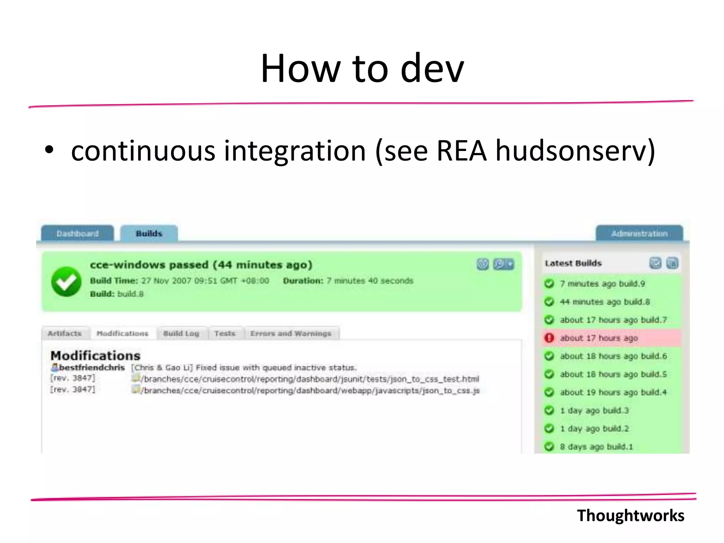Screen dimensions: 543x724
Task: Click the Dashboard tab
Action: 77,234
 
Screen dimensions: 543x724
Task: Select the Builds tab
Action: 149,234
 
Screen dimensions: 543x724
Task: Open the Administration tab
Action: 639,234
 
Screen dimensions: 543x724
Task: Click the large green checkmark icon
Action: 66,281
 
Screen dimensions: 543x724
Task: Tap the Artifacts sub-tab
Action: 65,333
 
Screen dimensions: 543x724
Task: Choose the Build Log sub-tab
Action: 181,333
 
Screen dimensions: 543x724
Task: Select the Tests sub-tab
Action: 225,333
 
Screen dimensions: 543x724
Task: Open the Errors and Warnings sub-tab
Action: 291,333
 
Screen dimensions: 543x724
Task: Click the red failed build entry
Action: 599,338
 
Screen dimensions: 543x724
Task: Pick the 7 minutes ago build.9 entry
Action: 602,284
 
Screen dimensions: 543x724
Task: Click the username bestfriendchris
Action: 92,368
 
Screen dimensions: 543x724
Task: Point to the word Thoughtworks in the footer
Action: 630,515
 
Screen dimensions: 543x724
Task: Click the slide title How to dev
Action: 362,68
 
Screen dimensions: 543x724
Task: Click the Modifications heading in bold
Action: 95,356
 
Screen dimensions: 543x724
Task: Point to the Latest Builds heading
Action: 573,263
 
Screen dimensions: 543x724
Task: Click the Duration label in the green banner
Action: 303,281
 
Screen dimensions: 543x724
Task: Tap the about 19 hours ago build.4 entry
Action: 613,392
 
